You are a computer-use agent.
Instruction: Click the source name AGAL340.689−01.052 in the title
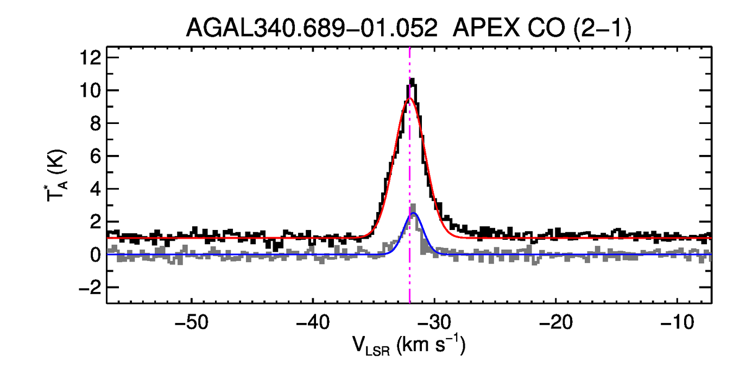click(x=312, y=28)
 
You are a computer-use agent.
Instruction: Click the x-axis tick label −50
click(x=191, y=322)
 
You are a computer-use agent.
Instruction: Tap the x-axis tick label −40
click(x=312, y=322)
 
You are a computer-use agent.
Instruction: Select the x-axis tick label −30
click(x=433, y=322)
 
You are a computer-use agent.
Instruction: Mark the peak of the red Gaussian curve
click(x=410, y=98)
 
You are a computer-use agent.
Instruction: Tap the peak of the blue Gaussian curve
click(x=413, y=213)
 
